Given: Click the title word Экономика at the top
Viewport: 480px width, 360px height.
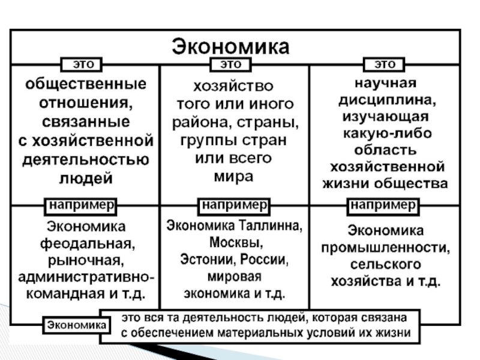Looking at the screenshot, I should [x=231, y=46].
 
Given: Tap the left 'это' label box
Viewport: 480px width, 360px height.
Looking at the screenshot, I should [x=83, y=64].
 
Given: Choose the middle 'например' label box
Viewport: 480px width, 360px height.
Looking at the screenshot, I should [x=233, y=205].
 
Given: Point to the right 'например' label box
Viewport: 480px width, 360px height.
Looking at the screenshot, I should [x=383, y=205].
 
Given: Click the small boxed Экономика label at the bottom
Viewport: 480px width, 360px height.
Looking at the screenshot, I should [x=75, y=325].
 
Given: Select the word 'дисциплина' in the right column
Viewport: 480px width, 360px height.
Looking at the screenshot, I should [x=385, y=98].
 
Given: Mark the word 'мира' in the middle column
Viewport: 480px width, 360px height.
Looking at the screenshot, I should [x=233, y=176].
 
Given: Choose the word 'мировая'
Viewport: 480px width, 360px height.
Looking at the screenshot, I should [x=233, y=278].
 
